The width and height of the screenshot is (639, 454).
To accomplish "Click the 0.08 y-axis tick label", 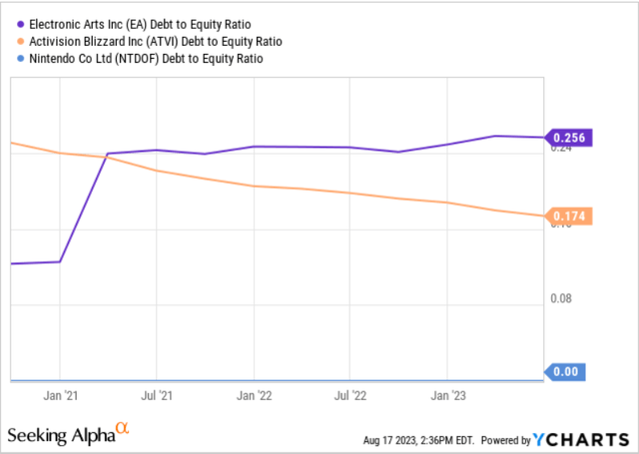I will click(x=560, y=298).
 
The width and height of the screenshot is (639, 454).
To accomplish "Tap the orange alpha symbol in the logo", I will click(x=123, y=429).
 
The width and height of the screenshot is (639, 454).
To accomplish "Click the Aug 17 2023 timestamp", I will click(x=424, y=440).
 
